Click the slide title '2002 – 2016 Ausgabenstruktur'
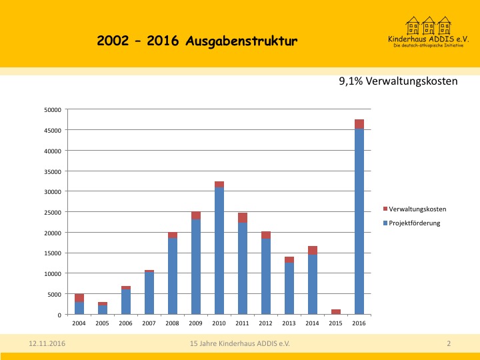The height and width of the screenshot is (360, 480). click(197, 41)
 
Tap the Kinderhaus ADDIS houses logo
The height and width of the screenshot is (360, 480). click(429, 26)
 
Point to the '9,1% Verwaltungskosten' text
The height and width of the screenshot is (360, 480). click(398, 81)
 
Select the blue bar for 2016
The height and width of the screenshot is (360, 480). click(359, 220)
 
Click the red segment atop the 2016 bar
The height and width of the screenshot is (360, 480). click(359, 124)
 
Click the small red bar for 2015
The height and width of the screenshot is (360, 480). click(336, 311)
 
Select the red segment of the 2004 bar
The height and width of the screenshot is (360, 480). click(79, 298)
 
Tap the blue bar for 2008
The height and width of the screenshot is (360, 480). click(173, 276)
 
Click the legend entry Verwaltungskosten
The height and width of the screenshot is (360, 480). click(417, 209)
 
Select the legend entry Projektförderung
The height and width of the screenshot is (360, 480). click(415, 223)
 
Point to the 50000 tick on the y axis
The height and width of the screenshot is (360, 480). click(52, 110)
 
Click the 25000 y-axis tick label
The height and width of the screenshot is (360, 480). click(52, 212)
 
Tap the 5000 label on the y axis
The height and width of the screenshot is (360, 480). click(54, 294)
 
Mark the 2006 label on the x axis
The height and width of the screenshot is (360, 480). click(126, 323)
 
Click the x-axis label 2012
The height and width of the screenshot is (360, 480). click(266, 323)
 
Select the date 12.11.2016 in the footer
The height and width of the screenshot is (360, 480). click(47, 343)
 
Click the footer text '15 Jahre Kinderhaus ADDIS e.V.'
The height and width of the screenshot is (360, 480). click(239, 343)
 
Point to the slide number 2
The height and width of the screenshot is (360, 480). click(449, 343)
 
